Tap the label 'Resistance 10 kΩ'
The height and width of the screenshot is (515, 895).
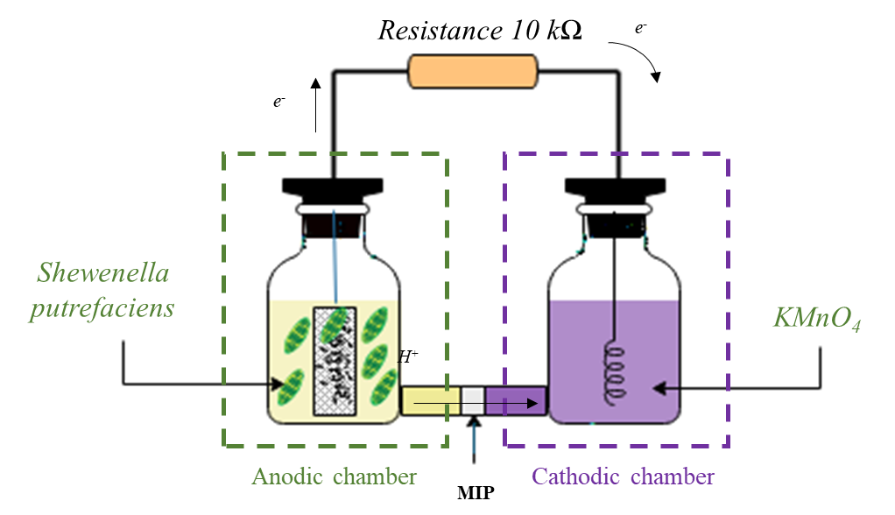[x=480, y=31]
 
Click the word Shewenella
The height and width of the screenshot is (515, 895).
[x=102, y=273]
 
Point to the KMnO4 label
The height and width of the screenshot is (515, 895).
[x=817, y=317]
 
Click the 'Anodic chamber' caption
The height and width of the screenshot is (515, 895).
[x=334, y=476]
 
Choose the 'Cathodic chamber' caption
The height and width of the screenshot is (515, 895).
[x=623, y=476]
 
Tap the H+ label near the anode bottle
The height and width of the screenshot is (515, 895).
[x=407, y=356]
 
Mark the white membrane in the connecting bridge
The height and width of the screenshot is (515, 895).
[x=473, y=400]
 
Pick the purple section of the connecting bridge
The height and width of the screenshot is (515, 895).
[x=516, y=400]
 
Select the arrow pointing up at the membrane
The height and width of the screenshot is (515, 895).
[x=474, y=438]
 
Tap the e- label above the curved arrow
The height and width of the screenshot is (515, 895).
[x=641, y=29]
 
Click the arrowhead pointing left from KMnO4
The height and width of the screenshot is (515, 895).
[x=662, y=385]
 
